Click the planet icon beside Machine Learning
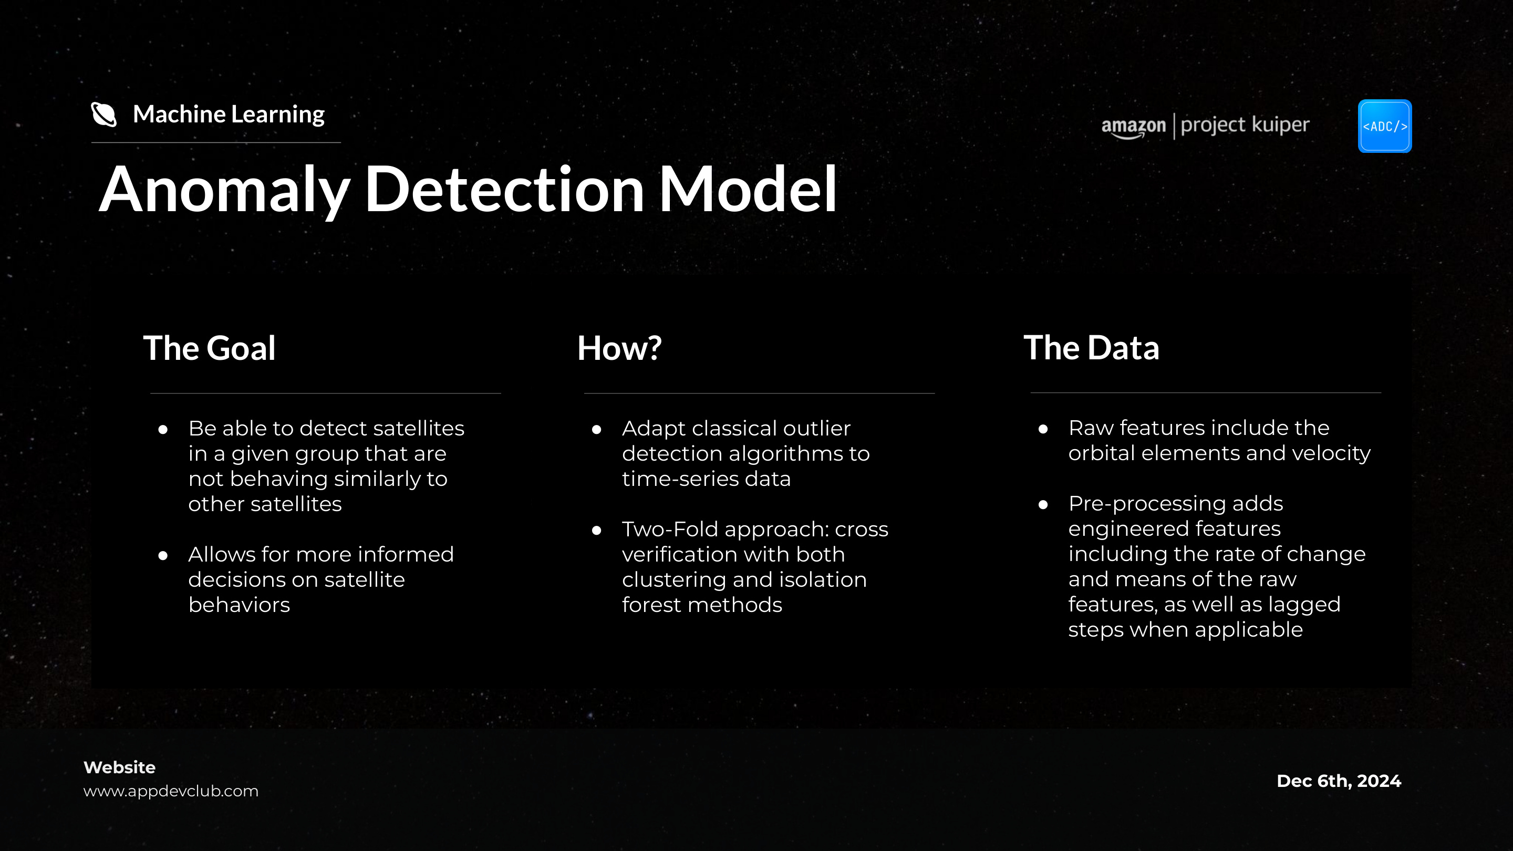[x=104, y=114]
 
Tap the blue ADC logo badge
[x=1384, y=126]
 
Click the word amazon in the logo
[x=1133, y=126]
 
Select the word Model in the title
[x=747, y=189]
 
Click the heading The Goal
[x=209, y=348]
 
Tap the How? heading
[x=619, y=348]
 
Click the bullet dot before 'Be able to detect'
[x=163, y=430]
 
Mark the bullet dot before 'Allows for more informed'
[x=163, y=556]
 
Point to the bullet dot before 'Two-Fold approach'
[x=597, y=531]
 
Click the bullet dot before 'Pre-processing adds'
[x=1043, y=504]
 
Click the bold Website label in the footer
[x=119, y=767]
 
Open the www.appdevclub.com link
[x=171, y=791]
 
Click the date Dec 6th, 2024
[x=1339, y=781]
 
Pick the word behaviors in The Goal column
[x=239, y=605]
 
